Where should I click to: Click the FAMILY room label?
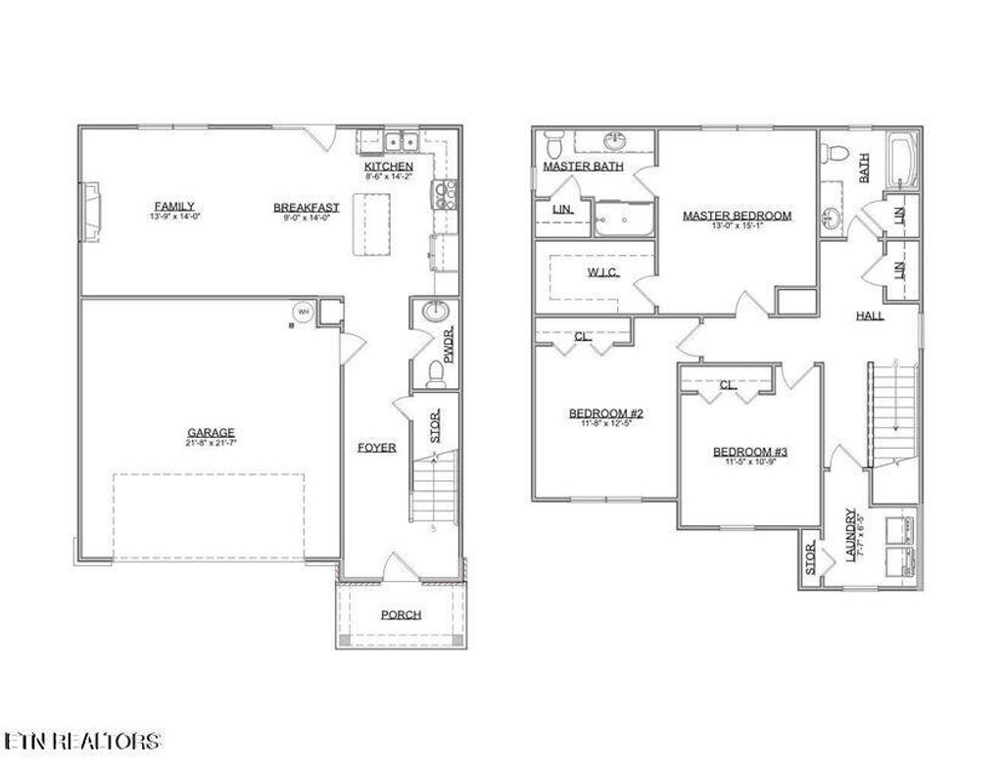pos(174,206)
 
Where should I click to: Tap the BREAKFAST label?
pos(306,207)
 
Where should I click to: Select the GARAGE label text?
pos(211,432)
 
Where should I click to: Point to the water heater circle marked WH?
pos(303,312)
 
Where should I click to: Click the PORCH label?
pos(401,614)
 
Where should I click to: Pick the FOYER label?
pos(376,447)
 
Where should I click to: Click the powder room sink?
pos(434,313)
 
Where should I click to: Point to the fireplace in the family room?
pos(90,210)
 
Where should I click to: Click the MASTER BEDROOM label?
pos(737,216)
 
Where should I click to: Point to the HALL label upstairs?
pos(870,315)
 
